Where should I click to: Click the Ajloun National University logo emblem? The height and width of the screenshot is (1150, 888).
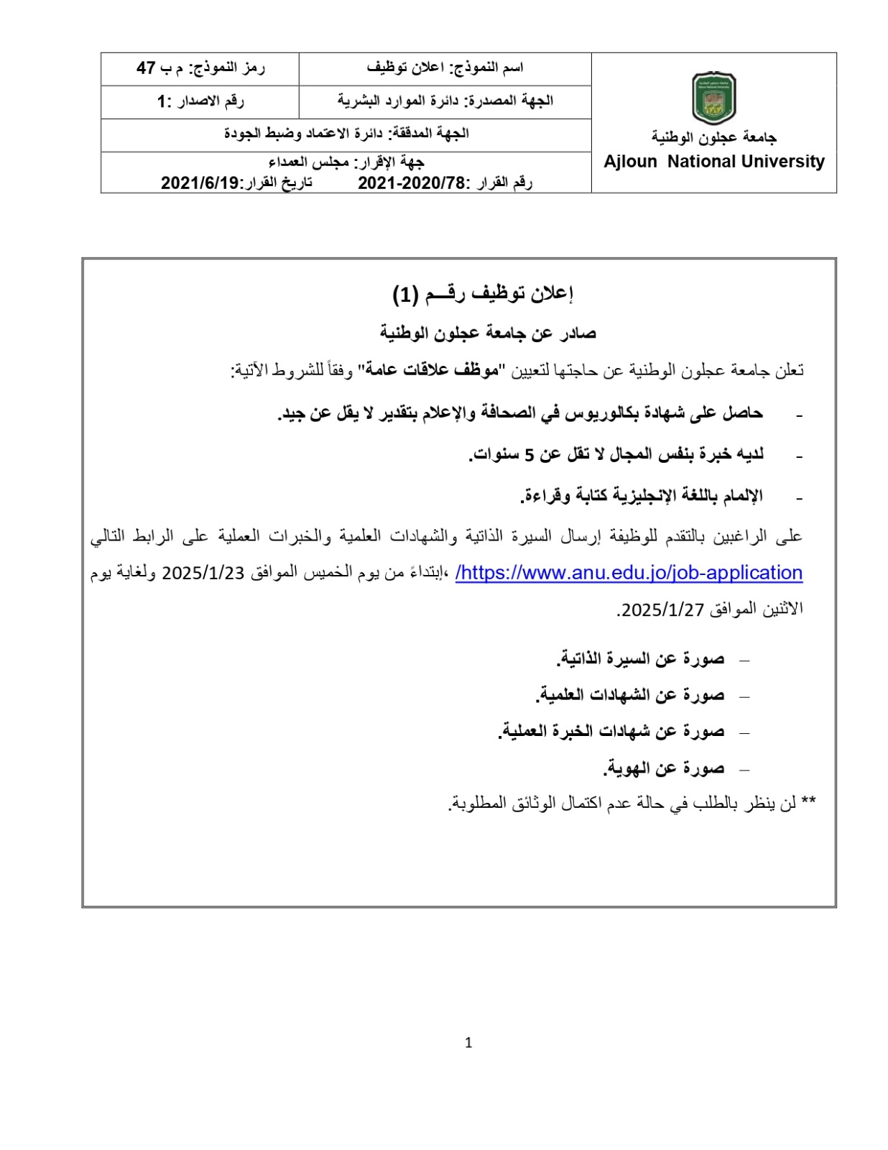(x=713, y=98)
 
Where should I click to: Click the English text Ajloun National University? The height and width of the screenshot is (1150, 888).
(x=713, y=162)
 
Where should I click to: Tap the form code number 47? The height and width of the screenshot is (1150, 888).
(x=147, y=68)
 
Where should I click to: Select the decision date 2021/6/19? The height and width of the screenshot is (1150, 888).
(x=199, y=183)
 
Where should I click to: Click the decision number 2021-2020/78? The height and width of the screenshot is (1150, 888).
(x=412, y=183)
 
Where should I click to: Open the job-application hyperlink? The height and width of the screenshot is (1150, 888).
(x=629, y=573)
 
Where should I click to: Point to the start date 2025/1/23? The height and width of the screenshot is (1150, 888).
(x=203, y=573)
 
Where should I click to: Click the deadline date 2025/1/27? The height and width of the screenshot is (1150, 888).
(x=662, y=609)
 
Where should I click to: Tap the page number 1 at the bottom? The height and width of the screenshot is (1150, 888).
(x=468, y=1043)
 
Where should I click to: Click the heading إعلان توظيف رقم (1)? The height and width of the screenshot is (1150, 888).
(x=482, y=293)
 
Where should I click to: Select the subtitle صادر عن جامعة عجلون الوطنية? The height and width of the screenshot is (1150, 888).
(x=488, y=333)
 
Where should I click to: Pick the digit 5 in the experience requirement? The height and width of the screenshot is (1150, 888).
(x=529, y=454)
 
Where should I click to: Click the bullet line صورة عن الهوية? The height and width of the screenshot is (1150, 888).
(x=663, y=768)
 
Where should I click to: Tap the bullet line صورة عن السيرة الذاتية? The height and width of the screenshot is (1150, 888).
(x=640, y=658)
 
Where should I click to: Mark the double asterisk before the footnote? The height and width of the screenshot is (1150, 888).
(x=808, y=802)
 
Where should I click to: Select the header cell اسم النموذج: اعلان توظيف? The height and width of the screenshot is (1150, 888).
(x=445, y=68)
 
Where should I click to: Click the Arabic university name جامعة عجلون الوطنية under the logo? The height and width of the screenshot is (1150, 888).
(x=713, y=137)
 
